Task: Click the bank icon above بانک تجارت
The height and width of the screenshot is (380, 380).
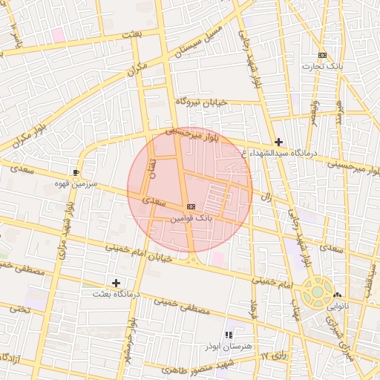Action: point(322,56)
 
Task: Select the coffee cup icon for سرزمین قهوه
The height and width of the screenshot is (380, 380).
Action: point(76,172)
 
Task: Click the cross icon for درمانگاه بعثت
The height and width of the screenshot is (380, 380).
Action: point(116,283)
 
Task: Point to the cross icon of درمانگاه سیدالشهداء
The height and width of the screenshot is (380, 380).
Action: point(278,141)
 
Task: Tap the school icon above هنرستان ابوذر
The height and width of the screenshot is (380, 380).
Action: point(229,335)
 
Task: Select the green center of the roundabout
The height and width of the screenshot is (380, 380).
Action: point(318,291)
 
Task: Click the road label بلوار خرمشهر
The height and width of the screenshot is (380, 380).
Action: point(132,341)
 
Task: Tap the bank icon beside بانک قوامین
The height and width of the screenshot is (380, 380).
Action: point(191,206)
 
